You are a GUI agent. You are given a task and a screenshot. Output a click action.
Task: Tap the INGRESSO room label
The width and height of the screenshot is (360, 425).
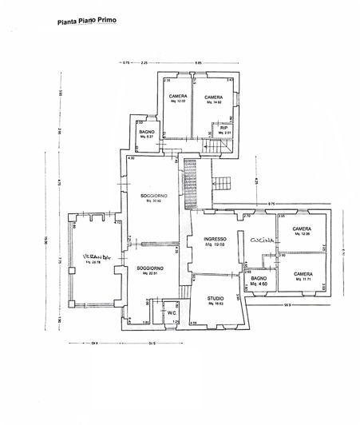click(216, 240)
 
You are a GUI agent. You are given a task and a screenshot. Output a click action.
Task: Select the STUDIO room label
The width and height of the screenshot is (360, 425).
click(212, 298)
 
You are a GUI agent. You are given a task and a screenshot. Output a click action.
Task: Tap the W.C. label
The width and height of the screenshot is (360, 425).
click(172, 313)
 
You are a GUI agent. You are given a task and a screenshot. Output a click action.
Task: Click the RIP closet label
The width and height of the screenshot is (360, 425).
click(224, 127)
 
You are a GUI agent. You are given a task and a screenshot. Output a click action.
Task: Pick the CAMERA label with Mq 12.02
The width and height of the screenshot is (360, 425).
click(178, 97)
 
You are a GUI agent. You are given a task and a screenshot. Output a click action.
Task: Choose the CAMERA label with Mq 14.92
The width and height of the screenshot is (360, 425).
click(214, 97)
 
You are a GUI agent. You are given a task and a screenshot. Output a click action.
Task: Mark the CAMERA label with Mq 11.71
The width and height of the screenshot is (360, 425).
click(302, 274)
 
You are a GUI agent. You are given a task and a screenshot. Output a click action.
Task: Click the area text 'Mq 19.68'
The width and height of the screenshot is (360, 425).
click(216, 246)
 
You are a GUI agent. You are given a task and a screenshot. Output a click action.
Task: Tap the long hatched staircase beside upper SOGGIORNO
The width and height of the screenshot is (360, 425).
click(190, 185)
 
